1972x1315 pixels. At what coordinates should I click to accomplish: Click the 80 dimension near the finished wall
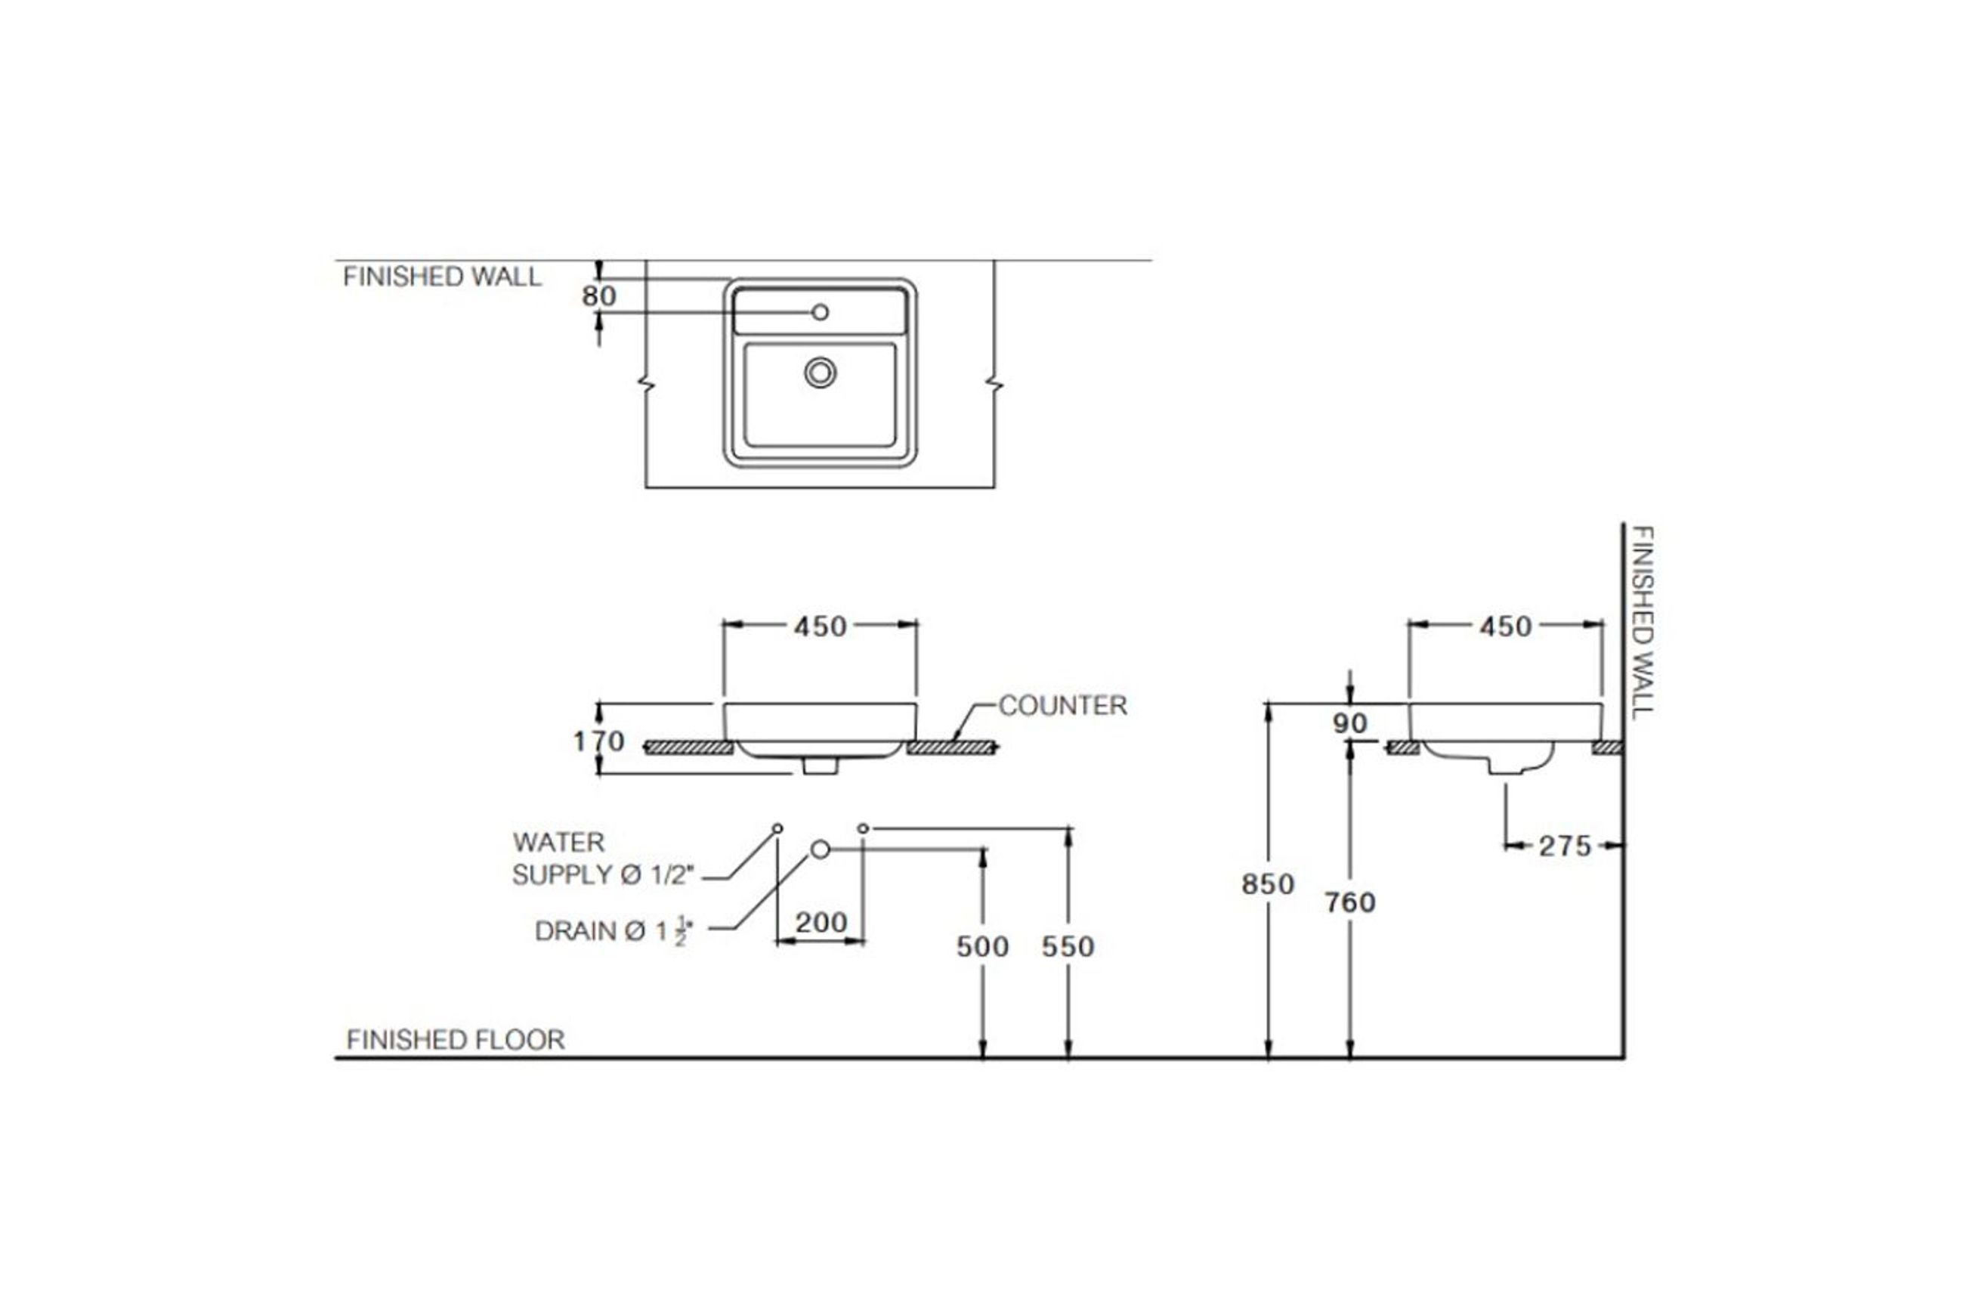point(598,296)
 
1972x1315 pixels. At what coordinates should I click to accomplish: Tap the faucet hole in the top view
point(820,312)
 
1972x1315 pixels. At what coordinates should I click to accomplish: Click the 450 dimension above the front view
point(820,627)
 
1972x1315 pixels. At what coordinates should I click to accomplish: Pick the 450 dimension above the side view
point(1505,627)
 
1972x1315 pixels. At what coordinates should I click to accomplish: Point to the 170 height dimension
point(598,741)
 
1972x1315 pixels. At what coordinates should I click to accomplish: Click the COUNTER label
point(1062,706)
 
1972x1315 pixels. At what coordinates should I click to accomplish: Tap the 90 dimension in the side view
point(1350,723)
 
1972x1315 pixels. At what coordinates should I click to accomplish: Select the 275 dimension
point(1565,846)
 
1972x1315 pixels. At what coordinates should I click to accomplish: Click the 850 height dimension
point(1268,884)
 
